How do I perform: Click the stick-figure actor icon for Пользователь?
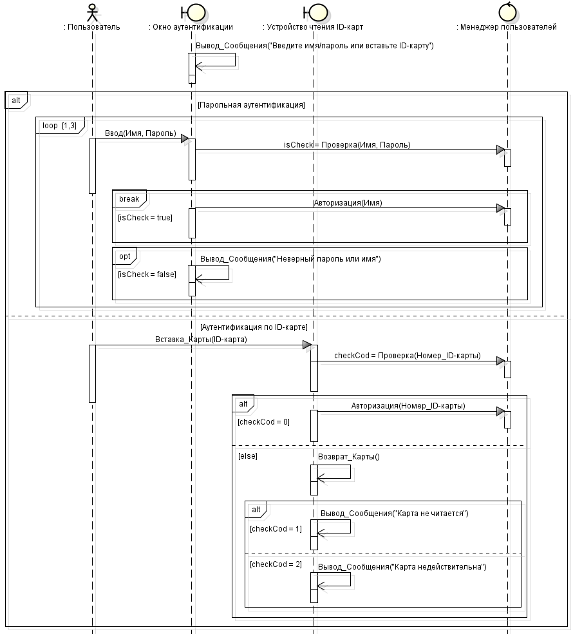pos(93,12)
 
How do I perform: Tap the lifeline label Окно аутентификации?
pos(191,27)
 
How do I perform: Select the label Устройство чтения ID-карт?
pos(314,27)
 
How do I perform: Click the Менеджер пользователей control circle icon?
pos(507,12)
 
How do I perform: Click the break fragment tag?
pos(129,198)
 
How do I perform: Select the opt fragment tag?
pos(125,256)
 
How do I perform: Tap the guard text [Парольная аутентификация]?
pos(251,104)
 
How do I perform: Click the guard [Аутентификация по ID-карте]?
pos(254,327)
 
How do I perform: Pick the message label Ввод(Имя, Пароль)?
pos(140,133)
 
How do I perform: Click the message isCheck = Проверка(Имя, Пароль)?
pos(347,145)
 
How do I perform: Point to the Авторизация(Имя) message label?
pos(348,202)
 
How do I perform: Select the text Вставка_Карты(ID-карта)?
pos(201,339)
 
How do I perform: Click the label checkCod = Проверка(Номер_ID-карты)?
pos(407,355)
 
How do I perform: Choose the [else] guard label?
pos(248,456)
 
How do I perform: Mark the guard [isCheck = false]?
pos(147,274)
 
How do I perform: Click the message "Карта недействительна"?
pos(403,567)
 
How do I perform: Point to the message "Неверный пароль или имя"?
pos(291,259)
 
